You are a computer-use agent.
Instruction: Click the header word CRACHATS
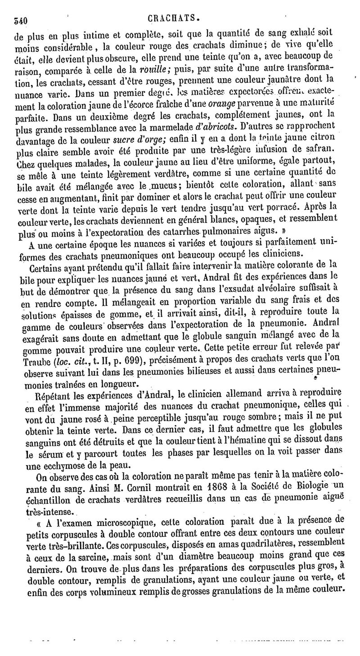173,18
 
